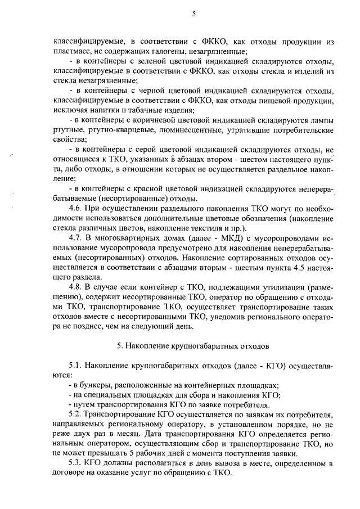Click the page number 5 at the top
tap(193, 15)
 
